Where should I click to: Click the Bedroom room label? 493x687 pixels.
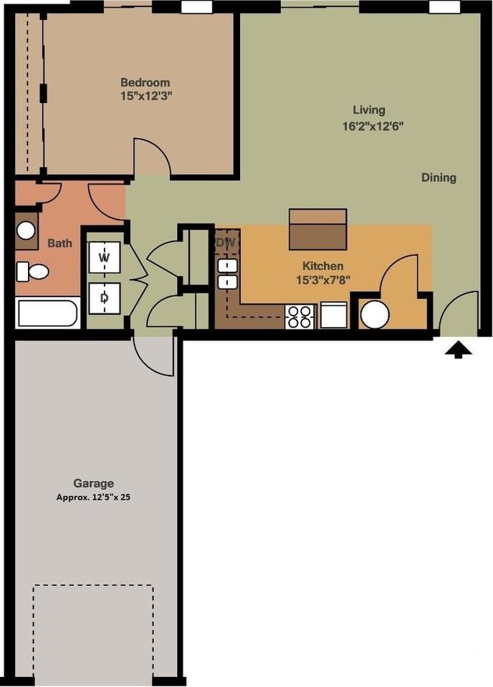point(145,82)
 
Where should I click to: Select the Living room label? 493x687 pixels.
point(368,110)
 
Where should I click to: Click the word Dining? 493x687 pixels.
point(438,177)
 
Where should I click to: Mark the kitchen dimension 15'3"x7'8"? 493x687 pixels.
point(322,278)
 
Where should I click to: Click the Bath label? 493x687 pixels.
point(59,243)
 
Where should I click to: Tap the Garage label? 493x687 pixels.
point(93,483)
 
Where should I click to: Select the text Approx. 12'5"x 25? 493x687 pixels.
point(93,497)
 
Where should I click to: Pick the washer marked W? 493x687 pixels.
point(105,256)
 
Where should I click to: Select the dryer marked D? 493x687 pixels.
point(105,298)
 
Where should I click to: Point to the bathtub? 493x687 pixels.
point(47,314)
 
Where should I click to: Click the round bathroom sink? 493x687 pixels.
point(27,230)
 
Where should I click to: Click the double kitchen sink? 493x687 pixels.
point(228,274)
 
